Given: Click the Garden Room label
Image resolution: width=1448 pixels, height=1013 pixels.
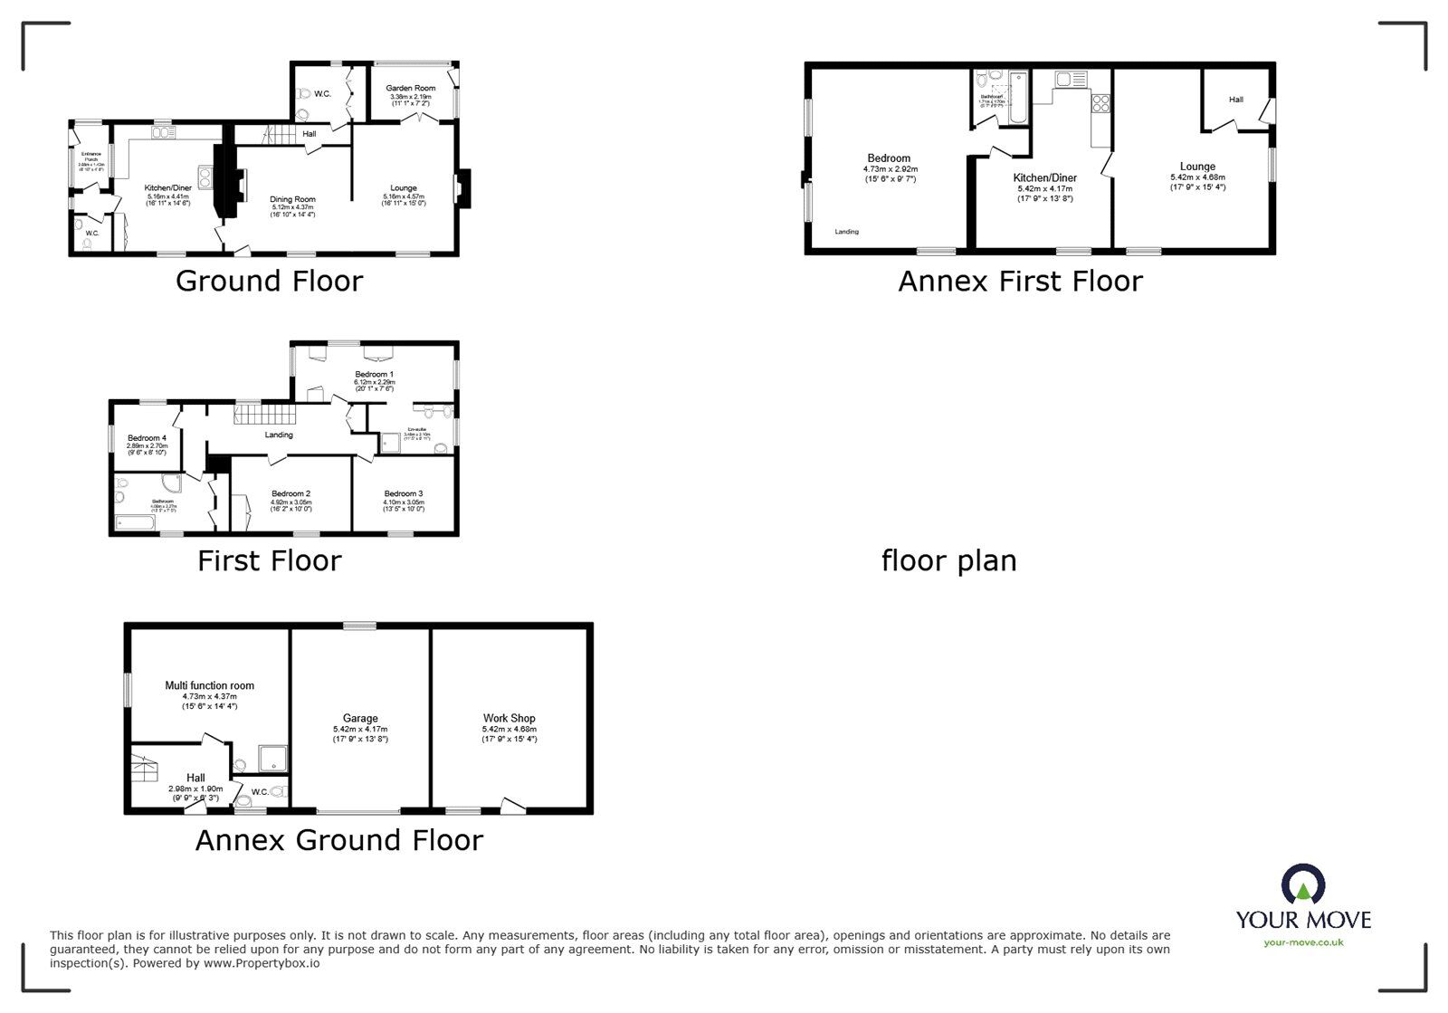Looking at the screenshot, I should (411, 88).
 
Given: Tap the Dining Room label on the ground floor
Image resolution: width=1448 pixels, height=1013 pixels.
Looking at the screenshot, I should (292, 199).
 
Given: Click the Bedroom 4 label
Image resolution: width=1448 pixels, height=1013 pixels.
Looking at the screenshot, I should (146, 438).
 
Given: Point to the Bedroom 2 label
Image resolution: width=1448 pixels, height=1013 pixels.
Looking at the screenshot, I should (291, 494).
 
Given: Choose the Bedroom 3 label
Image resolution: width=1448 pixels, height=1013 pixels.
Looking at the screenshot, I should (403, 494).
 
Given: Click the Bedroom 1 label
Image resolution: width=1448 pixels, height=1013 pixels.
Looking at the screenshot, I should (374, 374).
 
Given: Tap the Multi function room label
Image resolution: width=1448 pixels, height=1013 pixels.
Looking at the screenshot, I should (209, 685).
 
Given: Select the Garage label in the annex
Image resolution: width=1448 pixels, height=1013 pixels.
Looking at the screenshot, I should (360, 718).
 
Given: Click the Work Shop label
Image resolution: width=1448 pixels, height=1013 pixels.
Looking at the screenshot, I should (509, 718).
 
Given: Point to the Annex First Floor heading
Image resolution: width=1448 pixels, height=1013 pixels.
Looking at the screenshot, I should (1020, 282).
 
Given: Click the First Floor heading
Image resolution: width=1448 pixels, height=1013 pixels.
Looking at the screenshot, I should (269, 561).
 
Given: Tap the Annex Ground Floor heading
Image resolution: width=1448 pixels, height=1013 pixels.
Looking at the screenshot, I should (339, 841).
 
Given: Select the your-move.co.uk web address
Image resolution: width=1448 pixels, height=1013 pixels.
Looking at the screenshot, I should (1303, 942).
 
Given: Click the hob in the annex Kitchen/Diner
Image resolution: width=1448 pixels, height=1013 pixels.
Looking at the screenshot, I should (1101, 103).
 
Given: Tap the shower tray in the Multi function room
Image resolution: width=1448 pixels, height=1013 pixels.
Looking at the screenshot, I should (272, 759).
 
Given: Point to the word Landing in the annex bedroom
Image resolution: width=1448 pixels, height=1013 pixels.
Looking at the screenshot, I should (846, 232).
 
